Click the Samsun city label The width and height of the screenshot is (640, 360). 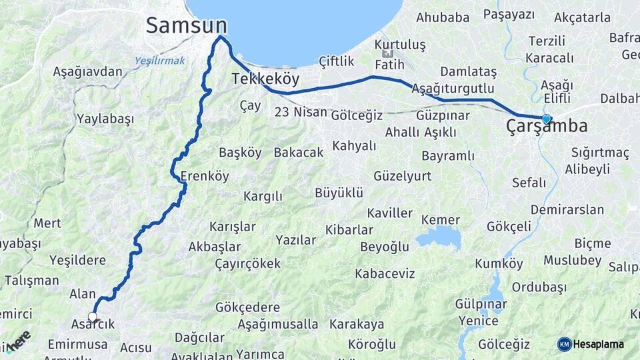(186, 25)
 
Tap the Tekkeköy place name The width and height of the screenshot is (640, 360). (265, 79)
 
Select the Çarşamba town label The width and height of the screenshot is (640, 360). (547, 126)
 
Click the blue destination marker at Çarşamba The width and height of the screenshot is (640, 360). (547, 119)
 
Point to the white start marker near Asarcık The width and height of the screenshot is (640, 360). (93, 317)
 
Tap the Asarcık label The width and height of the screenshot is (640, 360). (93, 325)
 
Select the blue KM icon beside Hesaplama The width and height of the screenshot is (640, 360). (564, 344)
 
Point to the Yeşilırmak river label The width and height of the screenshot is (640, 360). (160, 60)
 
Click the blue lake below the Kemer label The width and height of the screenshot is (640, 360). (438, 237)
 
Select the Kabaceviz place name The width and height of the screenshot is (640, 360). (385, 273)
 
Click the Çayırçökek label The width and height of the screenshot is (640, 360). (248, 263)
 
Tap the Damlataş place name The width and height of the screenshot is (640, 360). (468, 71)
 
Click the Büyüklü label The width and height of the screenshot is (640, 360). (339, 193)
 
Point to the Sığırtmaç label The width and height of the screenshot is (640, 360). (600, 153)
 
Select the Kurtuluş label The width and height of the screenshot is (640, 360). (400, 45)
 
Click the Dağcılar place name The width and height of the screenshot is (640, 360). (199, 337)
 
